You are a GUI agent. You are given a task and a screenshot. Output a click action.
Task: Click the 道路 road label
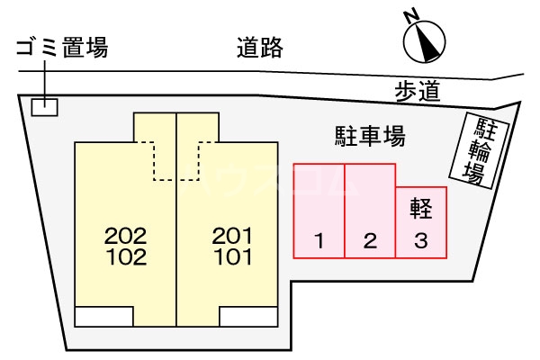tap(260, 47)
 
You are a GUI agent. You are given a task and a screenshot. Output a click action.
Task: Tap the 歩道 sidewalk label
tap(418, 91)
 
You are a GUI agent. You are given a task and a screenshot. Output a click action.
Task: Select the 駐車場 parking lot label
tap(370, 136)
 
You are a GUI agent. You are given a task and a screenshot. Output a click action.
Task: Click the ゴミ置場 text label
tap(62, 47)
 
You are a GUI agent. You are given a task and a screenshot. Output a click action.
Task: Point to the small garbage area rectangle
tap(45, 107)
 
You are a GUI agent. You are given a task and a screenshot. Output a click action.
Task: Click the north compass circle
tap(424, 41)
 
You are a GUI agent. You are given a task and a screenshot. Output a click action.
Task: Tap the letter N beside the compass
tap(411, 16)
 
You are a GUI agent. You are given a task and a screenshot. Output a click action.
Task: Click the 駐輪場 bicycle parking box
tap(480, 150)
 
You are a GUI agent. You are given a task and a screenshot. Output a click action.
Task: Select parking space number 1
tap(319, 211)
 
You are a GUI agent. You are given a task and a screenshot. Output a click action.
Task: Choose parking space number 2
tap(370, 211)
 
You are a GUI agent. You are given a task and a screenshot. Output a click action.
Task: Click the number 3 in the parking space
tap(421, 241)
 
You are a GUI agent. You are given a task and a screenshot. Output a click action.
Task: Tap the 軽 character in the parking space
tap(421, 209)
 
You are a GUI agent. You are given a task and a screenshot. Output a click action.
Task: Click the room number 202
tap(126, 236)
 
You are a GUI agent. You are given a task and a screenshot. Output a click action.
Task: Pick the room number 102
tap(126, 257)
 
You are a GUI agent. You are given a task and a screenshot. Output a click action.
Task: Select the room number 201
tap(232, 236)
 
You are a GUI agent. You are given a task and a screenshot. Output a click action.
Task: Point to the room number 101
tap(233, 257)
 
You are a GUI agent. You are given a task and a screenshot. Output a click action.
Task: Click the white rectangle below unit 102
tap(104, 316)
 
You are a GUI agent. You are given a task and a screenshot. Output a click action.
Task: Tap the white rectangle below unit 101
tap(248, 316)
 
